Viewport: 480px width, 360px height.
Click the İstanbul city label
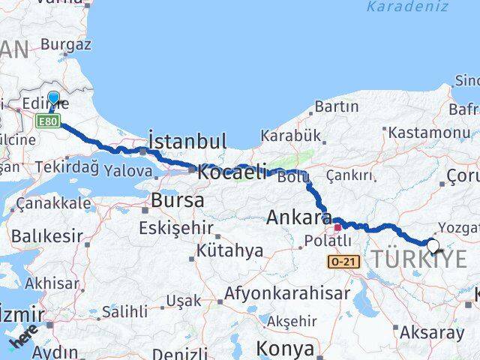click(x=187, y=141)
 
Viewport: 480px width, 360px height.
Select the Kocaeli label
click(x=232, y=172)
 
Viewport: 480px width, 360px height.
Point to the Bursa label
click(x=177, y=201)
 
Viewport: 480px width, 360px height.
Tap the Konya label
click(x=285, y=348)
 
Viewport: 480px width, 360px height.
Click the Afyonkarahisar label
click(x=288, y=292)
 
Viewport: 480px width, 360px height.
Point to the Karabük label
click(x=290, y=136)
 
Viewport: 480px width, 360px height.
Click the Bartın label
click(x=337, y=107)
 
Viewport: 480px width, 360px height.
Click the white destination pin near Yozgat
click(x=433, y=245)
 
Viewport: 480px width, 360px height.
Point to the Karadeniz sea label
click(x=407, y=7)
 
